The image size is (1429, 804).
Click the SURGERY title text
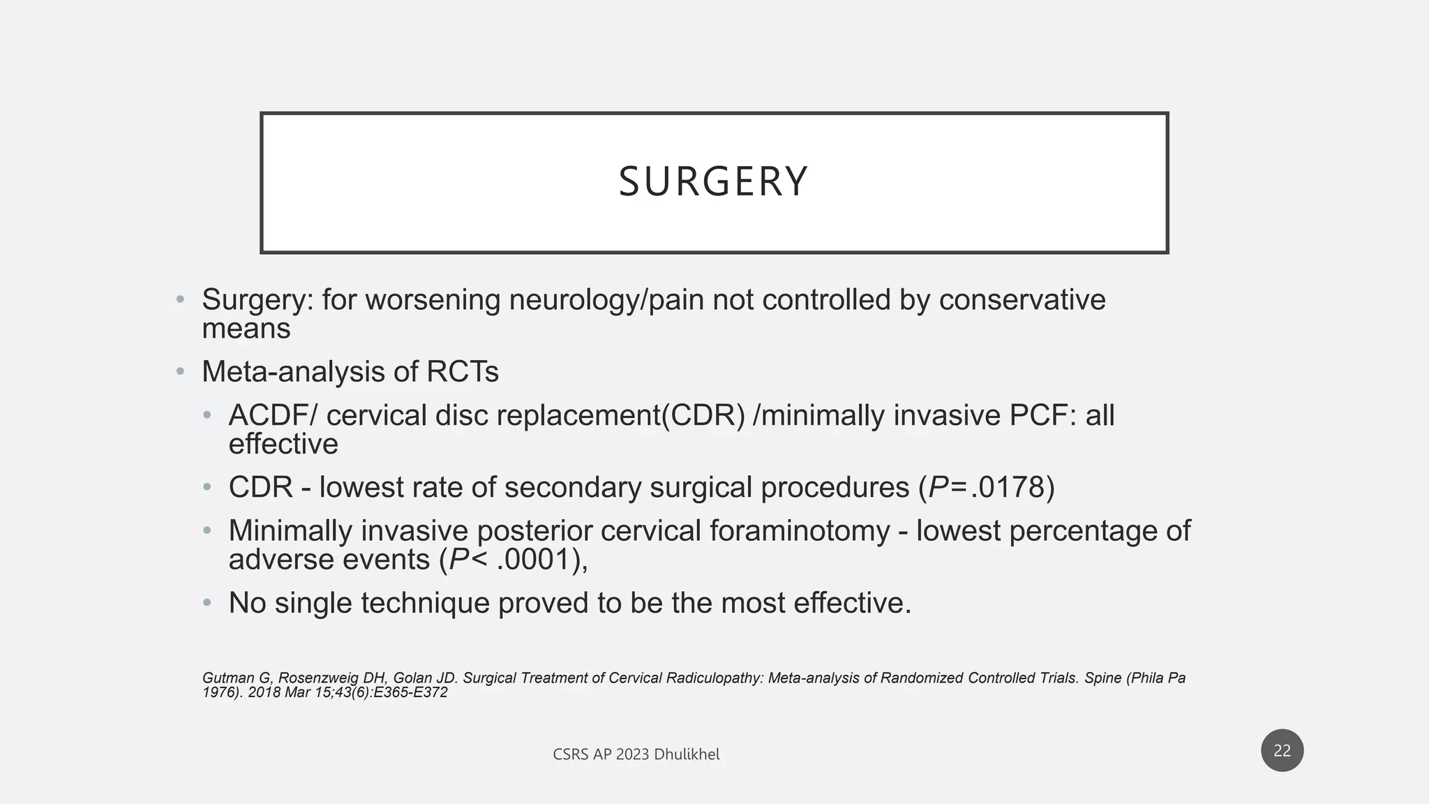coord(713,181)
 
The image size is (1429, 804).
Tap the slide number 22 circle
coord(1282,750)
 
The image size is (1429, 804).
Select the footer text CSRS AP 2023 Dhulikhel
coord(636,754)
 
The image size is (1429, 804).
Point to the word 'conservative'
coord(1022,300)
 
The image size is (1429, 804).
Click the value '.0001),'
coord(542,560)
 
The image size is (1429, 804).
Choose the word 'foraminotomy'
coord(800,531)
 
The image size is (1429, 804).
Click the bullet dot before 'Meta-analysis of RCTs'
coord(180,372)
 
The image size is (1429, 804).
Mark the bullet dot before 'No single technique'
coord(207,603)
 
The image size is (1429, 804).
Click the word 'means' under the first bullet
coord(246,329)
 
